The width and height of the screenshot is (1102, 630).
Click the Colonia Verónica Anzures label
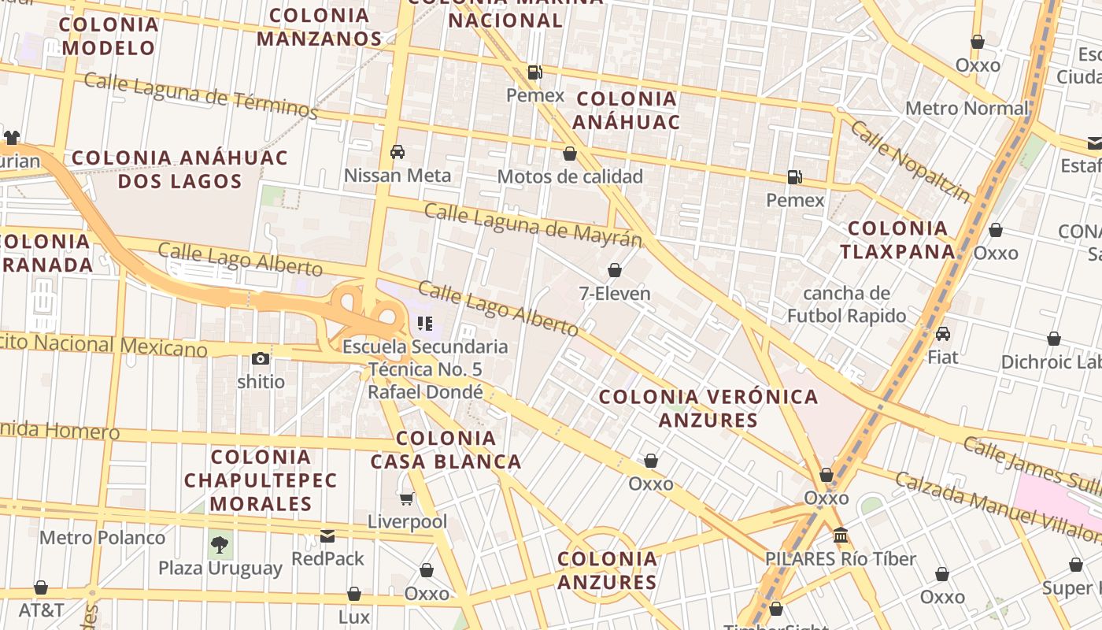point(708,408)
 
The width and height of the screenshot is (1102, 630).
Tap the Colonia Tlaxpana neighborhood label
point(897,240)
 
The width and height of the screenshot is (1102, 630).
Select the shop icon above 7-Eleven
point(615,271)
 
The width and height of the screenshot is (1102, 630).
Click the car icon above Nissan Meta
point(398,152)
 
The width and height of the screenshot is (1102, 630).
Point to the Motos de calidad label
point(570,176)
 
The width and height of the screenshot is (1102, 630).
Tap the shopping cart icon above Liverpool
point(407,498)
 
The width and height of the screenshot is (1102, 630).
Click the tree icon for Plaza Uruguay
point(220,544)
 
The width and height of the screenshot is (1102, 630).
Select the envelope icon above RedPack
point(327,536)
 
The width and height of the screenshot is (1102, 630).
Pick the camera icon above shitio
point(261,359)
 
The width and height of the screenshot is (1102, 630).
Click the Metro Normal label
point(967,108)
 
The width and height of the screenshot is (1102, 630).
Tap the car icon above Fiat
point(943,334)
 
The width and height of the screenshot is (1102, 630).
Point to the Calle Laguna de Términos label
point(201,95)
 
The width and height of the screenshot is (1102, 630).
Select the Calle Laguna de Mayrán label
point(533,224)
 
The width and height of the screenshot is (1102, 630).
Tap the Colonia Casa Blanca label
point(446,450)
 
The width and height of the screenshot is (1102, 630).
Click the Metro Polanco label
point(102,538)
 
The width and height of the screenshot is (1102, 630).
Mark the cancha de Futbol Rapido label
point(846,305)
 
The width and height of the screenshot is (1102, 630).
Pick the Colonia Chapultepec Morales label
point(261,480)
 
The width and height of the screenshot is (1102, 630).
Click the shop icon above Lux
point(354,594)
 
